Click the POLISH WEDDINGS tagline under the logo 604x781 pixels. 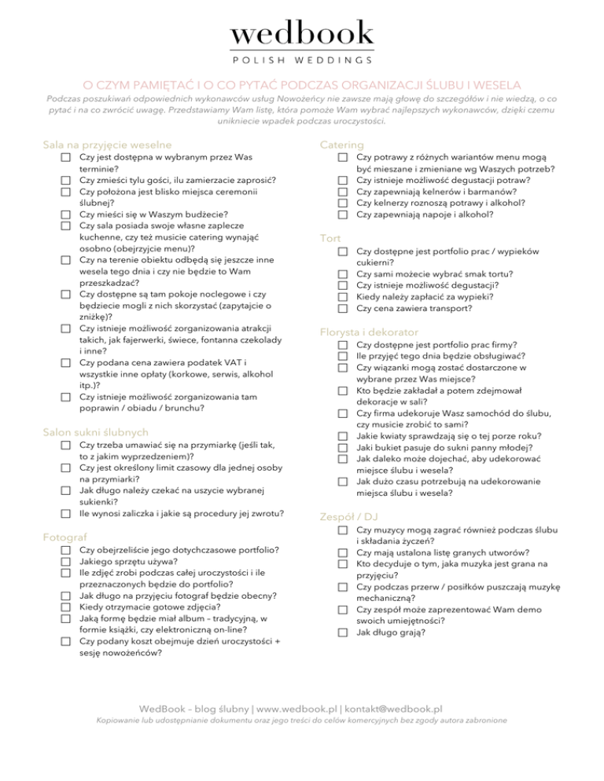tap(302, 60)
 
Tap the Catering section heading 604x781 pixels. tap(341, 145)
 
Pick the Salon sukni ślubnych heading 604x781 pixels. tap(96, 431)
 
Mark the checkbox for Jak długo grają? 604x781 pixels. tap(342, 632)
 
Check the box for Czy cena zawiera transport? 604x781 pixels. tap(342, 309)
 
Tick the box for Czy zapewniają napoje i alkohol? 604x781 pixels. tap(342, 214)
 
